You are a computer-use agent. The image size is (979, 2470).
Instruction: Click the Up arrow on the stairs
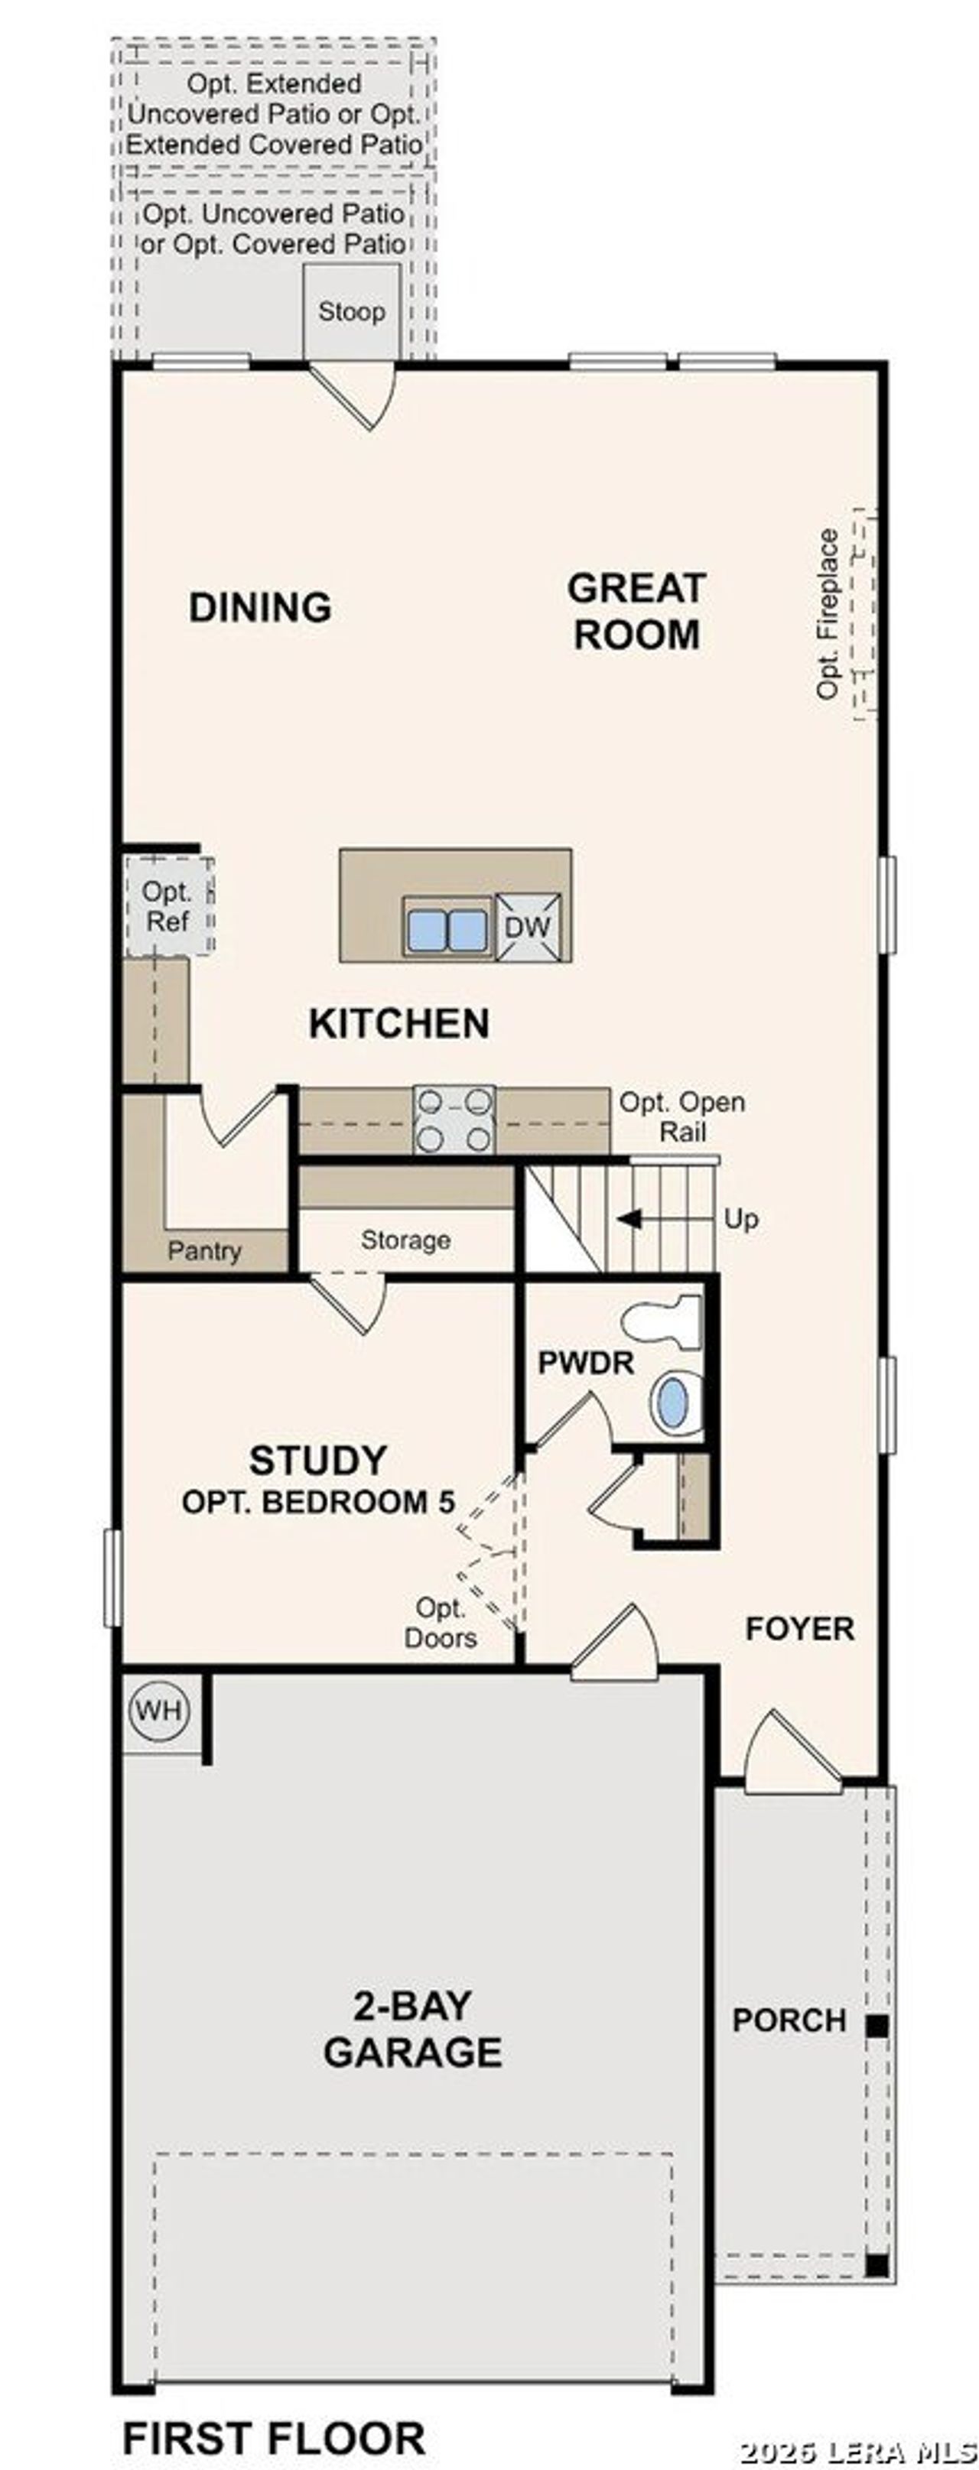630,1220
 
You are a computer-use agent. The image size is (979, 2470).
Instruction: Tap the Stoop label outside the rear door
351,312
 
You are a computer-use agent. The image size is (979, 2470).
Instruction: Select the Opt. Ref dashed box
168,907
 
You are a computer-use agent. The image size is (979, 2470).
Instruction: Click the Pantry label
204,1250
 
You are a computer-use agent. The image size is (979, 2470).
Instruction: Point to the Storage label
405,1240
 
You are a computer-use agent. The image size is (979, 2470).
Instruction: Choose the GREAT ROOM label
636,612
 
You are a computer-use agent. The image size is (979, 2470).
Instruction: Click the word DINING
260,607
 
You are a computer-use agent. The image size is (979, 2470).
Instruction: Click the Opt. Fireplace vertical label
828,613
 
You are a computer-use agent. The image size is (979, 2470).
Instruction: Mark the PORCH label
789,2020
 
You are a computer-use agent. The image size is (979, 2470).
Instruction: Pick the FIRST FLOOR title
275,2437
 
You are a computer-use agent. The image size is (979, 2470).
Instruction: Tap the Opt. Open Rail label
681,1117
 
